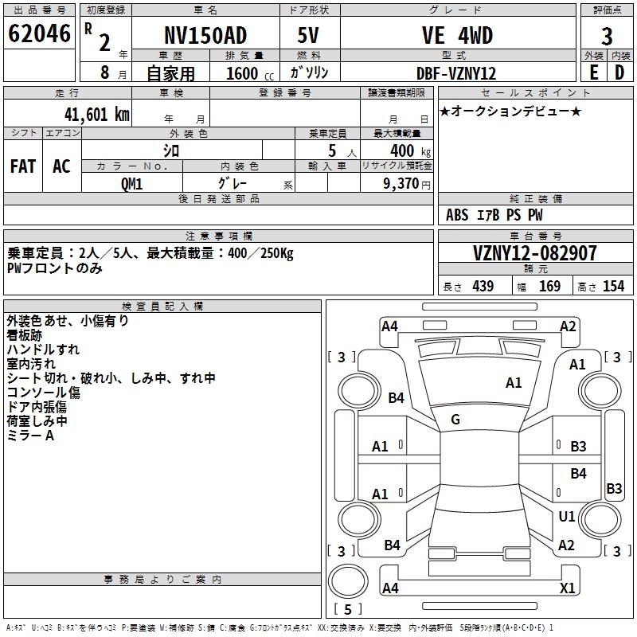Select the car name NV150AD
point(205,36)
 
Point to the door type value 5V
point(309,36)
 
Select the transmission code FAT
point(23,166)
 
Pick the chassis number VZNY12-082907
point(534,253)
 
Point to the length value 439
point(483,287)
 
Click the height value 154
point(613,287)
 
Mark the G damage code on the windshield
point(455,420)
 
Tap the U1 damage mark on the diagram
point(567,517)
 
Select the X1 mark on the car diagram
point(567,588)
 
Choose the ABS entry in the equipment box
point(457,215)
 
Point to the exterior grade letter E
point(593,72)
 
